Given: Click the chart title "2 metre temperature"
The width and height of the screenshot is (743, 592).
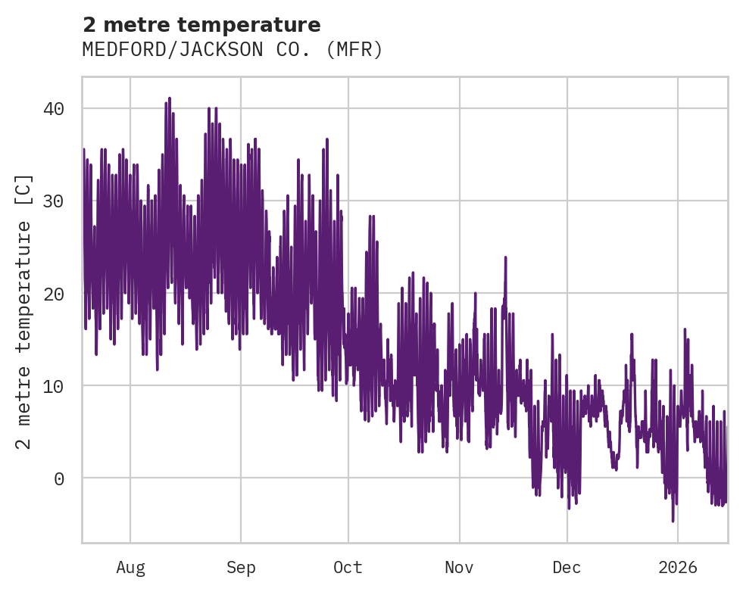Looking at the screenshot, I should click(201, 25).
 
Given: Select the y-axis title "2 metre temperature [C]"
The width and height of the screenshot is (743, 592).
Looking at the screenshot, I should click(24, 310).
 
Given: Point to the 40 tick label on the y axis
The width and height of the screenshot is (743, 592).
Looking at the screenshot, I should click(54, 109).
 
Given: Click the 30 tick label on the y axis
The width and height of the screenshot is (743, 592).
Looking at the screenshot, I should click(54, 201).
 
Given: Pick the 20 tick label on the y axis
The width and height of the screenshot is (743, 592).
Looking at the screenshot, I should click(54, 294).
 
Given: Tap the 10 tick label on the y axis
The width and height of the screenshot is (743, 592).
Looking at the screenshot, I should click(54, 386).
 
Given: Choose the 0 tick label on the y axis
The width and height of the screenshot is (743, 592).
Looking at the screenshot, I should click(59, 478).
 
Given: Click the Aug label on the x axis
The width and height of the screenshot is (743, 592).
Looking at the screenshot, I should click(130, 568).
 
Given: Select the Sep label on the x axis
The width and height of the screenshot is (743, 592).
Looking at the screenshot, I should click(241, 568).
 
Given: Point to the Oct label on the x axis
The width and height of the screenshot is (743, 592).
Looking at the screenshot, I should click(348, 568).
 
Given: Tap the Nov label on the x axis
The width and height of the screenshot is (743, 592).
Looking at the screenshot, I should click(459, 568).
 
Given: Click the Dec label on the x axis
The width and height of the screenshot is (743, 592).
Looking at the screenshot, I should click(567, 568).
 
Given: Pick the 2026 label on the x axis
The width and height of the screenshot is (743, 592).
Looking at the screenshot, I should click(677, 568).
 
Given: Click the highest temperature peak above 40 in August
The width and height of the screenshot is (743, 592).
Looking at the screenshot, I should click(170, 98).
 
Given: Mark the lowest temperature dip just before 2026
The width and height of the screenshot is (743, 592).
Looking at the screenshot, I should click(673, 520).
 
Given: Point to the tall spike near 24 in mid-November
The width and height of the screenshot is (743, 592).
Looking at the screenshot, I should click(505, 257).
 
